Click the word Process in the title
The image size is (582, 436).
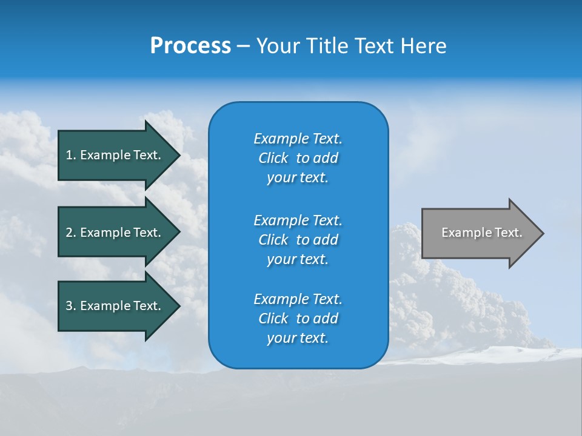(190, 46)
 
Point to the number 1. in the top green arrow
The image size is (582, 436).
(70, 155)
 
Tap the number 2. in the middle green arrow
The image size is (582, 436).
(70, 233)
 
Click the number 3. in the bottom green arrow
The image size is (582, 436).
(70, 306)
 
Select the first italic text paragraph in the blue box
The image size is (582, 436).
(298, 158)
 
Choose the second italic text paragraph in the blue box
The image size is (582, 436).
(298, 239)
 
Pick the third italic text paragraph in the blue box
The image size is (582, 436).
(298, 319)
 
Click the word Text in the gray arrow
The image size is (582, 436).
(508, 233)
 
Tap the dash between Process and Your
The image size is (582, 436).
(244, 46)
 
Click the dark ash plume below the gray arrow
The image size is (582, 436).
(449, 297)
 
